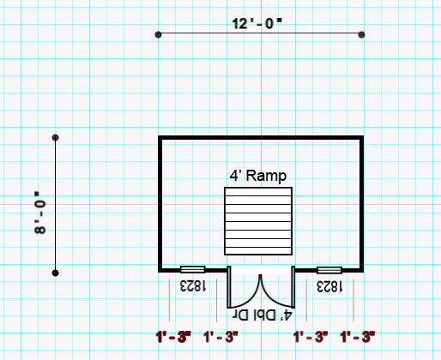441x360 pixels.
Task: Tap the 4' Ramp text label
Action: point(257,175)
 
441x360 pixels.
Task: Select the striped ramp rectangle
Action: point(258,220)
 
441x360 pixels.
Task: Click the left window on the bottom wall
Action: point(192,269)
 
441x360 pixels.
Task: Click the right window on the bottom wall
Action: point(329,269)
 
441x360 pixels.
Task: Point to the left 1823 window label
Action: point(192,285)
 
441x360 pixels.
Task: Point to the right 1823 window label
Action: point(329,285)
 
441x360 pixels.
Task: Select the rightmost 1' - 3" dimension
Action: point(359,337)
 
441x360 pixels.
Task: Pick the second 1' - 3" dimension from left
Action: point(220,337)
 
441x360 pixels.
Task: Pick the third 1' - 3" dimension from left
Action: point(311,337)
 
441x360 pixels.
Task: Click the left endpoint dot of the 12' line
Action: point(158,34)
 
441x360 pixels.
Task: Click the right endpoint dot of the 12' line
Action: point(362,34)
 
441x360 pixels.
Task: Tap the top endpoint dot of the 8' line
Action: point(55,137)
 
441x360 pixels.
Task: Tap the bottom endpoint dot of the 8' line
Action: point(55,273)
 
